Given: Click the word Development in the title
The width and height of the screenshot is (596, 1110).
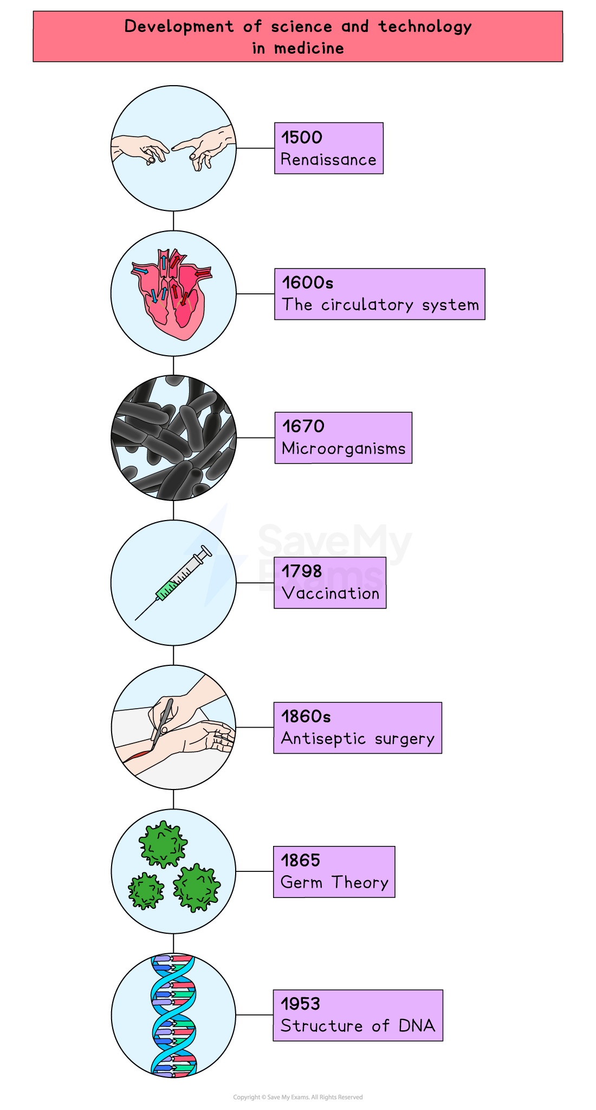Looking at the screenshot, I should coord(179,27).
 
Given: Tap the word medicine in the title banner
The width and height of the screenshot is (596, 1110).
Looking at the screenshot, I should coord(309,48).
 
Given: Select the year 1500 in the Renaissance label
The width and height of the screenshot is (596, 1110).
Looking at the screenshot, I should coord(302,137).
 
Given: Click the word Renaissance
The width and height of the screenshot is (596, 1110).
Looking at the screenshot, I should coord(328,160).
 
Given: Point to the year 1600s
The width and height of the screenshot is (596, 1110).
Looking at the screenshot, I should coord(307,283).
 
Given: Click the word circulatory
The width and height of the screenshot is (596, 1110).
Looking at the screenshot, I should coord(367,305).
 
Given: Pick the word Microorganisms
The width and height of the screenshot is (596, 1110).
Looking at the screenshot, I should coord(344,449).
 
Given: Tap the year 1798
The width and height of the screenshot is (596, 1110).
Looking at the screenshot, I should coord(302,571).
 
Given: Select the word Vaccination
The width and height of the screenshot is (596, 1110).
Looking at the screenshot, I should coord(331,593).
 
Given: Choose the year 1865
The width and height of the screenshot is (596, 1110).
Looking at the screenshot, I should coord(301,860).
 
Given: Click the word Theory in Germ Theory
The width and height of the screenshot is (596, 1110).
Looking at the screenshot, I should coord(360,883).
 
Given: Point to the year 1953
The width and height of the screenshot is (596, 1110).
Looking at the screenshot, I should coord(301,1004).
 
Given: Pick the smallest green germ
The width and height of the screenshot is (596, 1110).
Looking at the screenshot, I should coord(146,890).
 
